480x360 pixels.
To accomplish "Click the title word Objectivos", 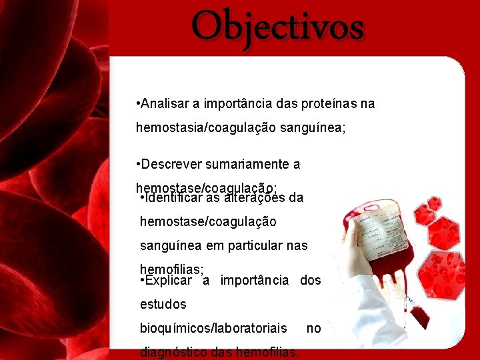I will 278,27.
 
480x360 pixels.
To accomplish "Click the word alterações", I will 255,197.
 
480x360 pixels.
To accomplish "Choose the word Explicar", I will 168,280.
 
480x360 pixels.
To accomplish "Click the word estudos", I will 163,304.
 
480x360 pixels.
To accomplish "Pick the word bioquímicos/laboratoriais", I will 213,328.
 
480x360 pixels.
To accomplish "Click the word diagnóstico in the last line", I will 173,351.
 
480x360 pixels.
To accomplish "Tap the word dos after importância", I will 311,280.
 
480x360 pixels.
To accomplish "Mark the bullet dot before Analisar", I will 137,104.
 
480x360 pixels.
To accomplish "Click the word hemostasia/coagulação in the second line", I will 199,127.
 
